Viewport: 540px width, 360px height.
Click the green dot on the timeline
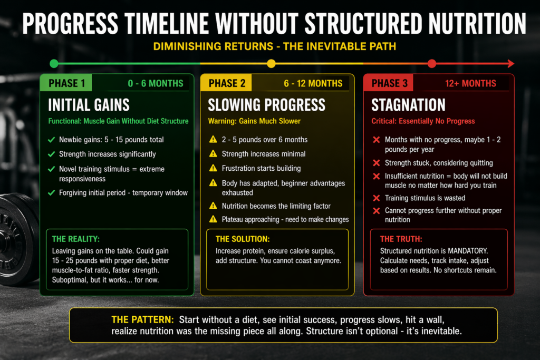pyautogui.click(x=54, y=64)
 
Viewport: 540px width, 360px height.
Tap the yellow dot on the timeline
pyautogui.click(x=271, y=64)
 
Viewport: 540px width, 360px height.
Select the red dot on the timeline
pyautogui.click(x=431, y=64)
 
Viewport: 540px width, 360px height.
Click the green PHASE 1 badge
pyautogui.click(x=66, y=83)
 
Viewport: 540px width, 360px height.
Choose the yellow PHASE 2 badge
pyautogui.click(x=227, y=83)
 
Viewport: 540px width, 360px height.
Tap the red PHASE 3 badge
pyautogui.click(x=389, y=83)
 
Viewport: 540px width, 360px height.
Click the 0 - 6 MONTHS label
pyautogui.click(x=155, y=83)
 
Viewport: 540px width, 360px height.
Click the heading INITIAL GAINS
pyautogui.click(x=89, y=104)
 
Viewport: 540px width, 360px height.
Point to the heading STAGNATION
pyautogui.click(x=408, y=104)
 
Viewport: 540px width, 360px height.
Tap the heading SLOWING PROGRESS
pyautogui.click(x=266, y=104)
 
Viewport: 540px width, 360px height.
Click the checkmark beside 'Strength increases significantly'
pyautogui.click(x=51, y=154)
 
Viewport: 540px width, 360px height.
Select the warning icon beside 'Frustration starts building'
pyautogui.click(x=213, y=168)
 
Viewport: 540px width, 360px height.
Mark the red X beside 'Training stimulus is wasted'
pyautogui.click(x=377, y=198)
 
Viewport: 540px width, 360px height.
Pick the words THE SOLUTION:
pyautogui.click(x=242, y=239)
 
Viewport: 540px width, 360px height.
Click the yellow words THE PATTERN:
pyautogui.click(x=142, y=320)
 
